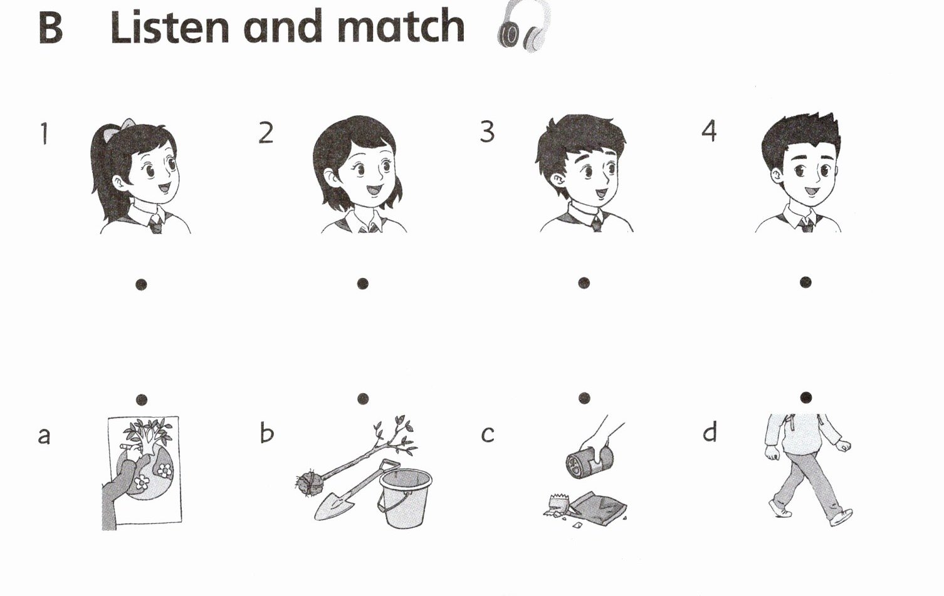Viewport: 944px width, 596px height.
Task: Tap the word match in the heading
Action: (401, 26)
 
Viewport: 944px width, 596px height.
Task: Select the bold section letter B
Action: (51, 27)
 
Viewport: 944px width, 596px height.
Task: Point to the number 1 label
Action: (45, 133)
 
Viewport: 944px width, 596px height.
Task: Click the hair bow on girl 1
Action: (127, 129)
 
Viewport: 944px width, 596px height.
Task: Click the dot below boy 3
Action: (584, 283)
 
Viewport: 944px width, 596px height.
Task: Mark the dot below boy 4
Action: (805, 282)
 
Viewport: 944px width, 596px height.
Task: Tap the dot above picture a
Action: (142, 399)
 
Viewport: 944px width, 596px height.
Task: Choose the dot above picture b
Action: (363, 399)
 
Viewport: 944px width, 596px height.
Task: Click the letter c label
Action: (488, 434)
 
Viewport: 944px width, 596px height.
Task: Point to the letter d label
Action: (710, 432)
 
